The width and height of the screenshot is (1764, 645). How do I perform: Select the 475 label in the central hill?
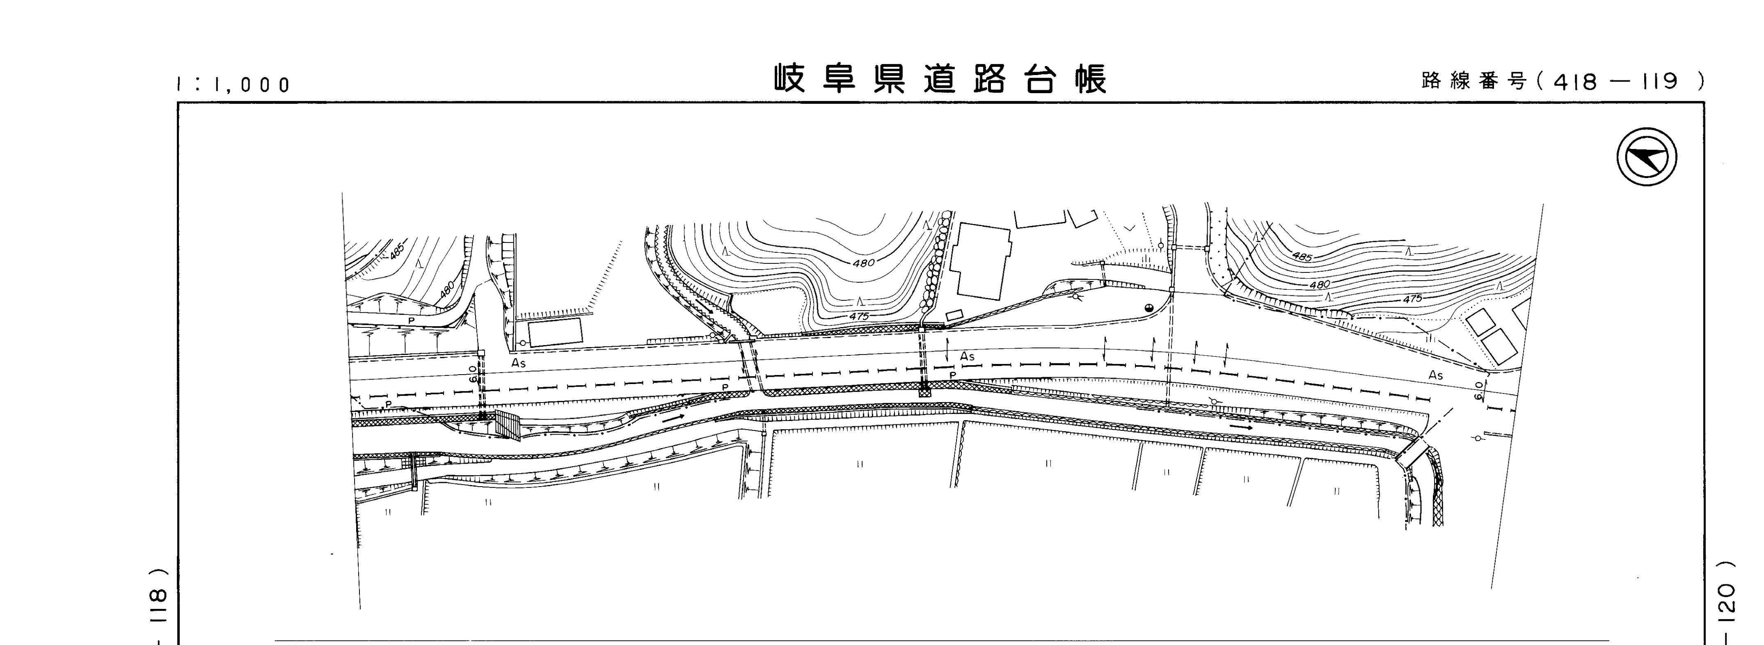(x=859, y=316)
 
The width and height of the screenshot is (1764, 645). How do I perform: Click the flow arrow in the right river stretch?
(x=1241, y=427)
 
